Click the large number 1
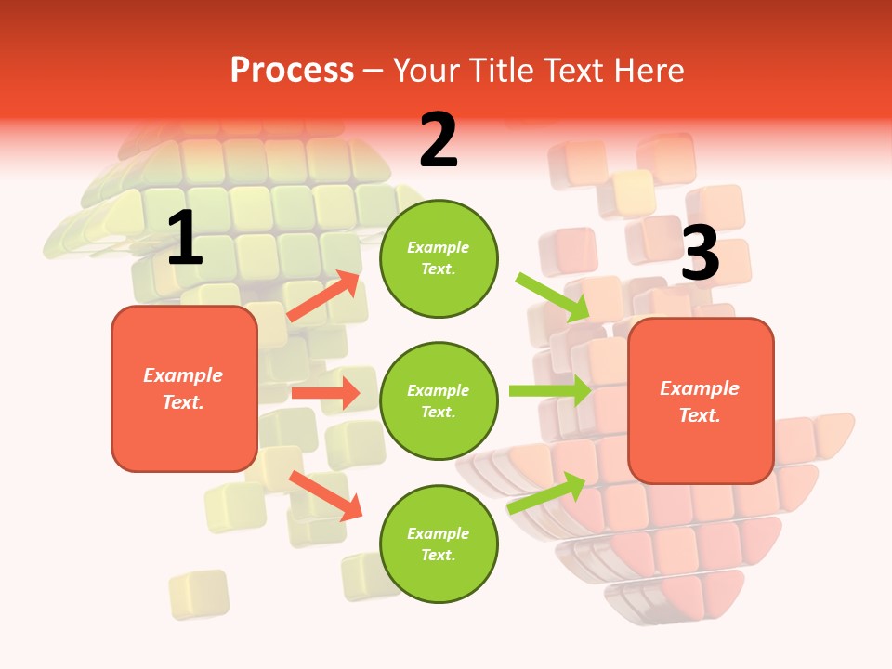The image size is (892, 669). [x=185, y=239]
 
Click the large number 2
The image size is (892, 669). [x=439, y=140]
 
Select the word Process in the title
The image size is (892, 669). [x=292, y=71]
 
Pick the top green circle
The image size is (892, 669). [x=439, y=258]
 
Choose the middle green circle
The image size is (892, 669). [x=439, y=401]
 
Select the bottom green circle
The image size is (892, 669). [x=439, y=544]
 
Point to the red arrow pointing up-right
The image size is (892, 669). [x=323, y=296]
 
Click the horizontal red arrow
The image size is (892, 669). [x=325, y=393]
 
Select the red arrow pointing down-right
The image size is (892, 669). [x=325, y=494]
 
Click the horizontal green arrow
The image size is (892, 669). [x=550, y=390]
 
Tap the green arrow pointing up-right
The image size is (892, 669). [x=546, y=492]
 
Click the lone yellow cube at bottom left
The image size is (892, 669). [x=199, y=594]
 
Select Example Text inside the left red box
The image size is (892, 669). [x=183, y=388]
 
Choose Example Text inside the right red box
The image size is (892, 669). [x=700, y=401]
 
